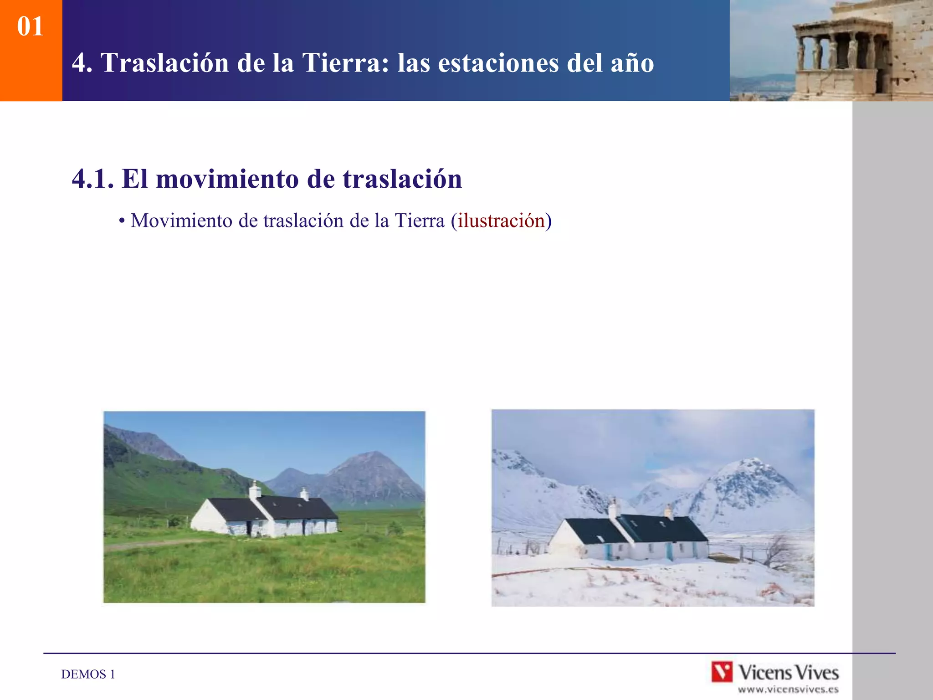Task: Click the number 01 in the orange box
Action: click(x=30, y=26)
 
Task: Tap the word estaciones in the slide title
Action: click(x=498, y=62)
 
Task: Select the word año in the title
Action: click(x=632, y=62)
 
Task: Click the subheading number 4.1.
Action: click(x=93, y=178)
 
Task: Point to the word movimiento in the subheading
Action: click(x=228, y=178)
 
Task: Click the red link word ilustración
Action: click(x=501, y=221)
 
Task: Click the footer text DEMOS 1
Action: click(x=88, y=674)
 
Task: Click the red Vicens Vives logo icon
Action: click(x=722, y=672)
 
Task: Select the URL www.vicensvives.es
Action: click(x=788, y=689)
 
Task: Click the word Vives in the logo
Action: click(x=815, y=673)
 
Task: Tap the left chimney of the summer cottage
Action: click(x=255, y=489)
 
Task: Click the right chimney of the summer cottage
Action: click(x=304, y=494)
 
